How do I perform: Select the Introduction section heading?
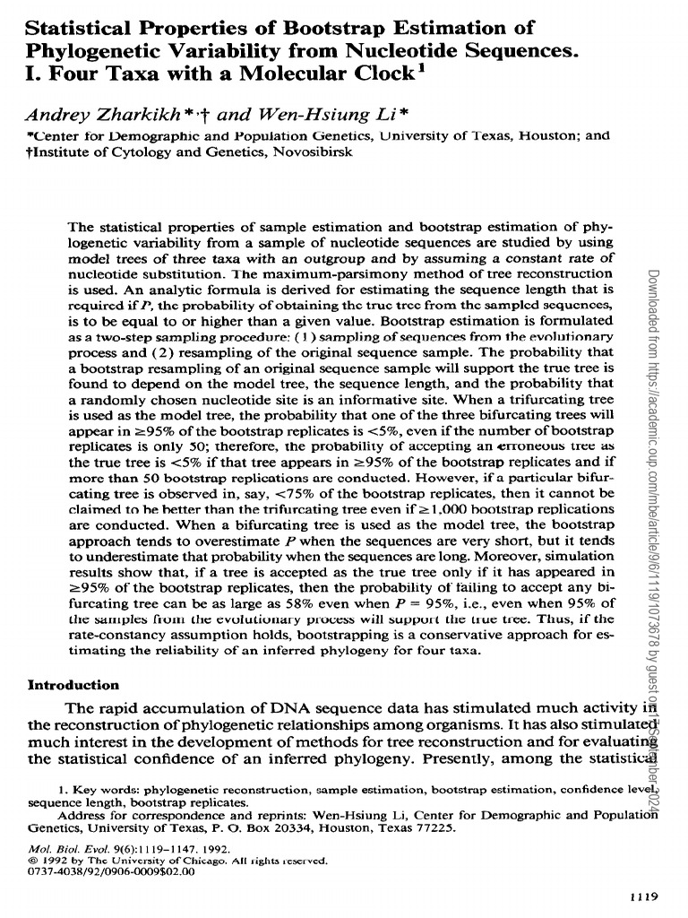(x=73, y=685)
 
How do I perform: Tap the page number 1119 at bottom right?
(x=642, y=896)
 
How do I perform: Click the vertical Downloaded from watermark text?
(x=651, y=323)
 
